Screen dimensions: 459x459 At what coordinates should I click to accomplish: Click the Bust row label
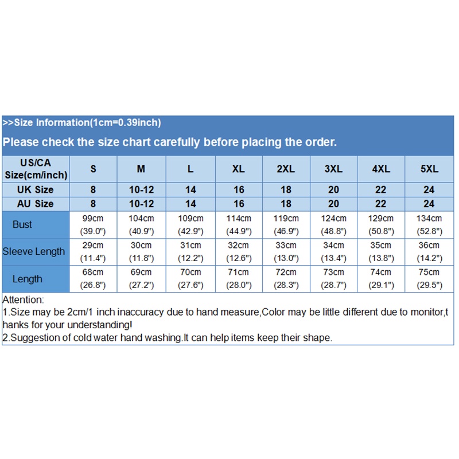coord(22,224)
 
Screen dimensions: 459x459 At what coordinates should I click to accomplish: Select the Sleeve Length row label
coord(34,251)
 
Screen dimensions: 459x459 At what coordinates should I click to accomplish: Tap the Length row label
coord(27,279)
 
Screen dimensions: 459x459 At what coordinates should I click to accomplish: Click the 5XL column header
coord(429,169)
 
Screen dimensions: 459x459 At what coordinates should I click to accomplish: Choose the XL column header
coord(238,169)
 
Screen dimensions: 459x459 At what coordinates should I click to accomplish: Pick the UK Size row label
coord(36,189)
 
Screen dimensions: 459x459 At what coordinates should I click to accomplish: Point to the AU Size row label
coord(36,204)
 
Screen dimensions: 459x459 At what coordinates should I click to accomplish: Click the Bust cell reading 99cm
coord(93,224)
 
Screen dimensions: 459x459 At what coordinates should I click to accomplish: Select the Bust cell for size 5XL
coord(429,224)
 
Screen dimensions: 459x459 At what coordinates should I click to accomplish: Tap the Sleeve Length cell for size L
coord(190,251)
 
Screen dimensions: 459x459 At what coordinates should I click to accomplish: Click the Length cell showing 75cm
coord(429,279)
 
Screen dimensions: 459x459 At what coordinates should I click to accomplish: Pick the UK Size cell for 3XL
coord(333,189)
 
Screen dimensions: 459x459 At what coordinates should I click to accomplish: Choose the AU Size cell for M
coord(141,204)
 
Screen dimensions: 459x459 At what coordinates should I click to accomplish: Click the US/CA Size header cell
coord(36,169)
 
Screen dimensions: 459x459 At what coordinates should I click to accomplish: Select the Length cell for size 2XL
coord(286,279)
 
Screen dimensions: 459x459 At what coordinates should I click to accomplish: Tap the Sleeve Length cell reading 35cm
coord(381,251)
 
